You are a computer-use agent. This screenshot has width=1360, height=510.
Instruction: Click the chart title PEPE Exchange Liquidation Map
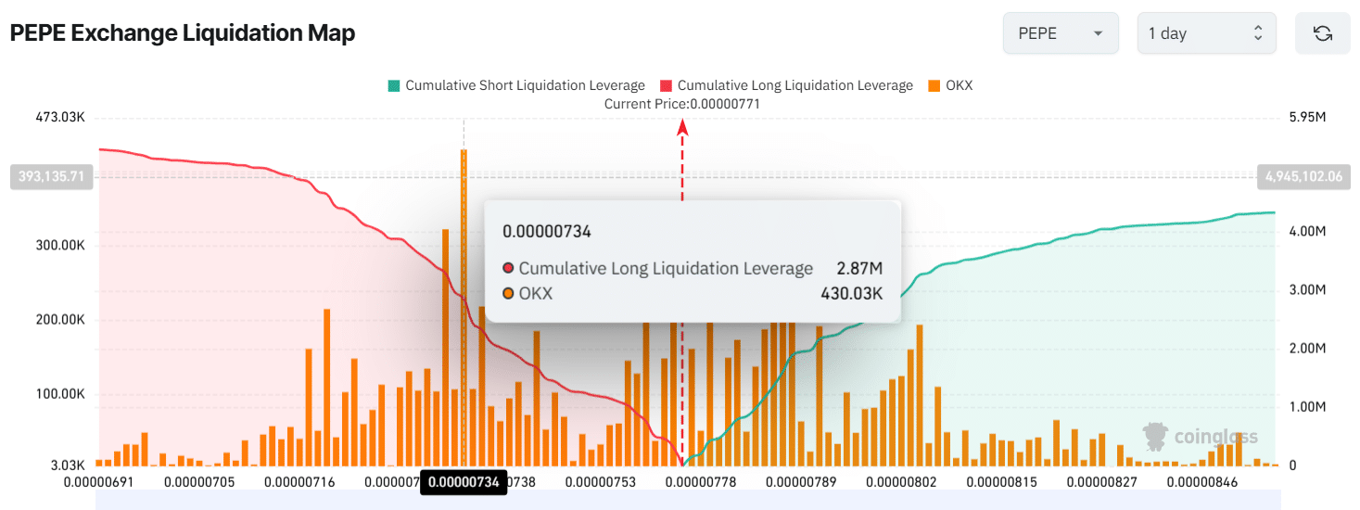click(x=183, y=33)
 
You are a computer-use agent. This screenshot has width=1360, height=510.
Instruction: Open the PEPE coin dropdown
click(x=1061, y=33)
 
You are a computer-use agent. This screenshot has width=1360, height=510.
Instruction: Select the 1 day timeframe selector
click(x=1205, y=33)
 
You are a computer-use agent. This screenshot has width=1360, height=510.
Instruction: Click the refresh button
click(x=1323, y=33)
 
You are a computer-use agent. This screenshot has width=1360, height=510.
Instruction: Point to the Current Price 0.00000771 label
click(x=681, y=104)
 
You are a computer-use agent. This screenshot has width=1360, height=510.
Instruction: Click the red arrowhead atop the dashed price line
click(x=682, y=128)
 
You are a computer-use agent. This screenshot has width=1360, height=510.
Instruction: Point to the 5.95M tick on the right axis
click(x=1307, y=118)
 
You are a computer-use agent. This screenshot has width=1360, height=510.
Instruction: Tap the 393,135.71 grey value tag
click(x=51, y=175)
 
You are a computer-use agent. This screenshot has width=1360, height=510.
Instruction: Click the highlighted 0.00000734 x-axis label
click(x=464, y=482)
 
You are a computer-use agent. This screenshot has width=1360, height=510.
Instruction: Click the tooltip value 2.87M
click(x=859, y=269)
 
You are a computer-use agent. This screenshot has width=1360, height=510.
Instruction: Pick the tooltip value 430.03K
click(x=851, y=294)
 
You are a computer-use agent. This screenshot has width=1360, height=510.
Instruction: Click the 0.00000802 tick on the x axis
click(x=901, y=482)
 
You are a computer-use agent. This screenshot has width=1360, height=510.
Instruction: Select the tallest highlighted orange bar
click(x=464, y=306)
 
